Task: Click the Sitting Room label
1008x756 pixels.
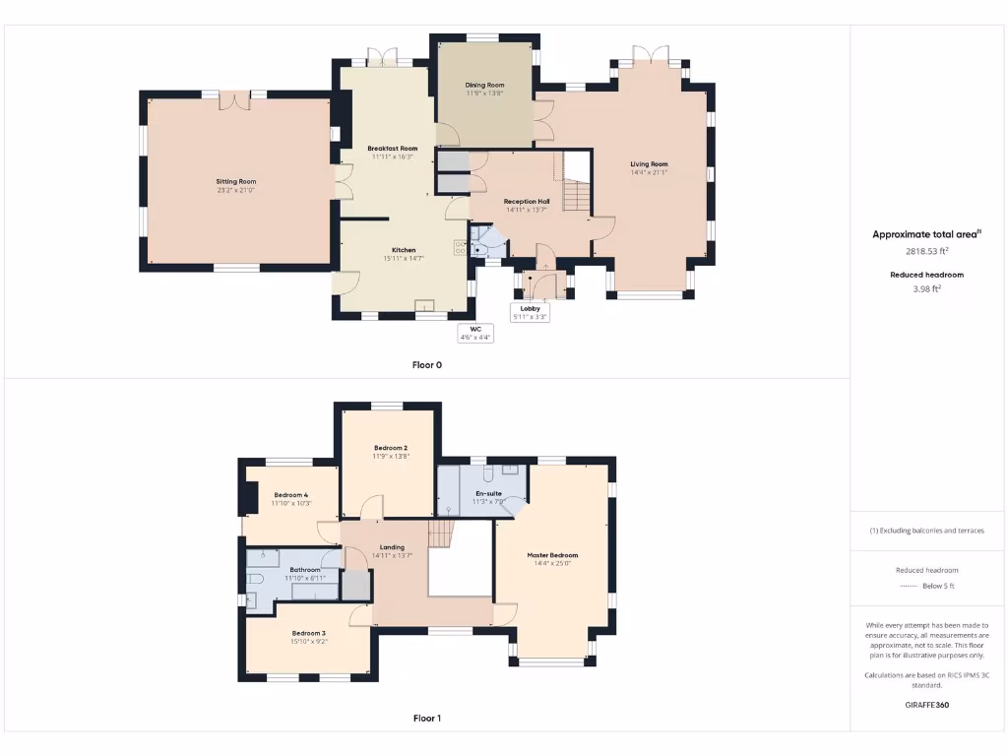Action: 236,181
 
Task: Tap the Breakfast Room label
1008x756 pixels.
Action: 392,149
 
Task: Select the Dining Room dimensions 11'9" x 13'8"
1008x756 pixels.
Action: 484,94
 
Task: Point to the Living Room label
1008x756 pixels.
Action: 649,164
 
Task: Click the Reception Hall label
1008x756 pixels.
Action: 527,201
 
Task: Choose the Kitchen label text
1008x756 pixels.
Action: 405,250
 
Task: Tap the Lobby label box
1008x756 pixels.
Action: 530,312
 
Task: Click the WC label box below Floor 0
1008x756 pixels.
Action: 474,333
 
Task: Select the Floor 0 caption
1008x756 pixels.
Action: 426,364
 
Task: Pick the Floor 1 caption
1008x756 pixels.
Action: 426,718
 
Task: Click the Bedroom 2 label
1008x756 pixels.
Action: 390,448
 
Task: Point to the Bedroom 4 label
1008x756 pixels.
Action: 290,495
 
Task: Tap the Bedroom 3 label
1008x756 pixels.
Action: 308,633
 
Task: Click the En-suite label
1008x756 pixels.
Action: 488,493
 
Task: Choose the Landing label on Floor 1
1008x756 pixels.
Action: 392,547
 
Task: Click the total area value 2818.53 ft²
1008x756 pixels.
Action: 925,251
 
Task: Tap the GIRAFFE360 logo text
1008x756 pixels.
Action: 926,705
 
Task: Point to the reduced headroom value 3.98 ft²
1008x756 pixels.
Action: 926,288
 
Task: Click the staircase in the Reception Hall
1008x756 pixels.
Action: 577,193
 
